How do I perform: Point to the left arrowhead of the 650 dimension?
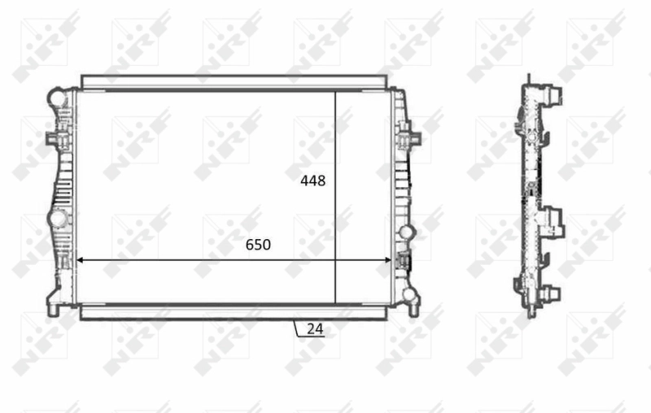click(80, 261)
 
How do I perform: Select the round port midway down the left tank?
click(57, 219)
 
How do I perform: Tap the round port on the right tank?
click(407, 233)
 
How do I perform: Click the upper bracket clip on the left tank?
click(55, 137)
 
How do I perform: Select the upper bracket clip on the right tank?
click(405, 134)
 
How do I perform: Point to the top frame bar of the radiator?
click(234, 81)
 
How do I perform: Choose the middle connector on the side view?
click(555, 220)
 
